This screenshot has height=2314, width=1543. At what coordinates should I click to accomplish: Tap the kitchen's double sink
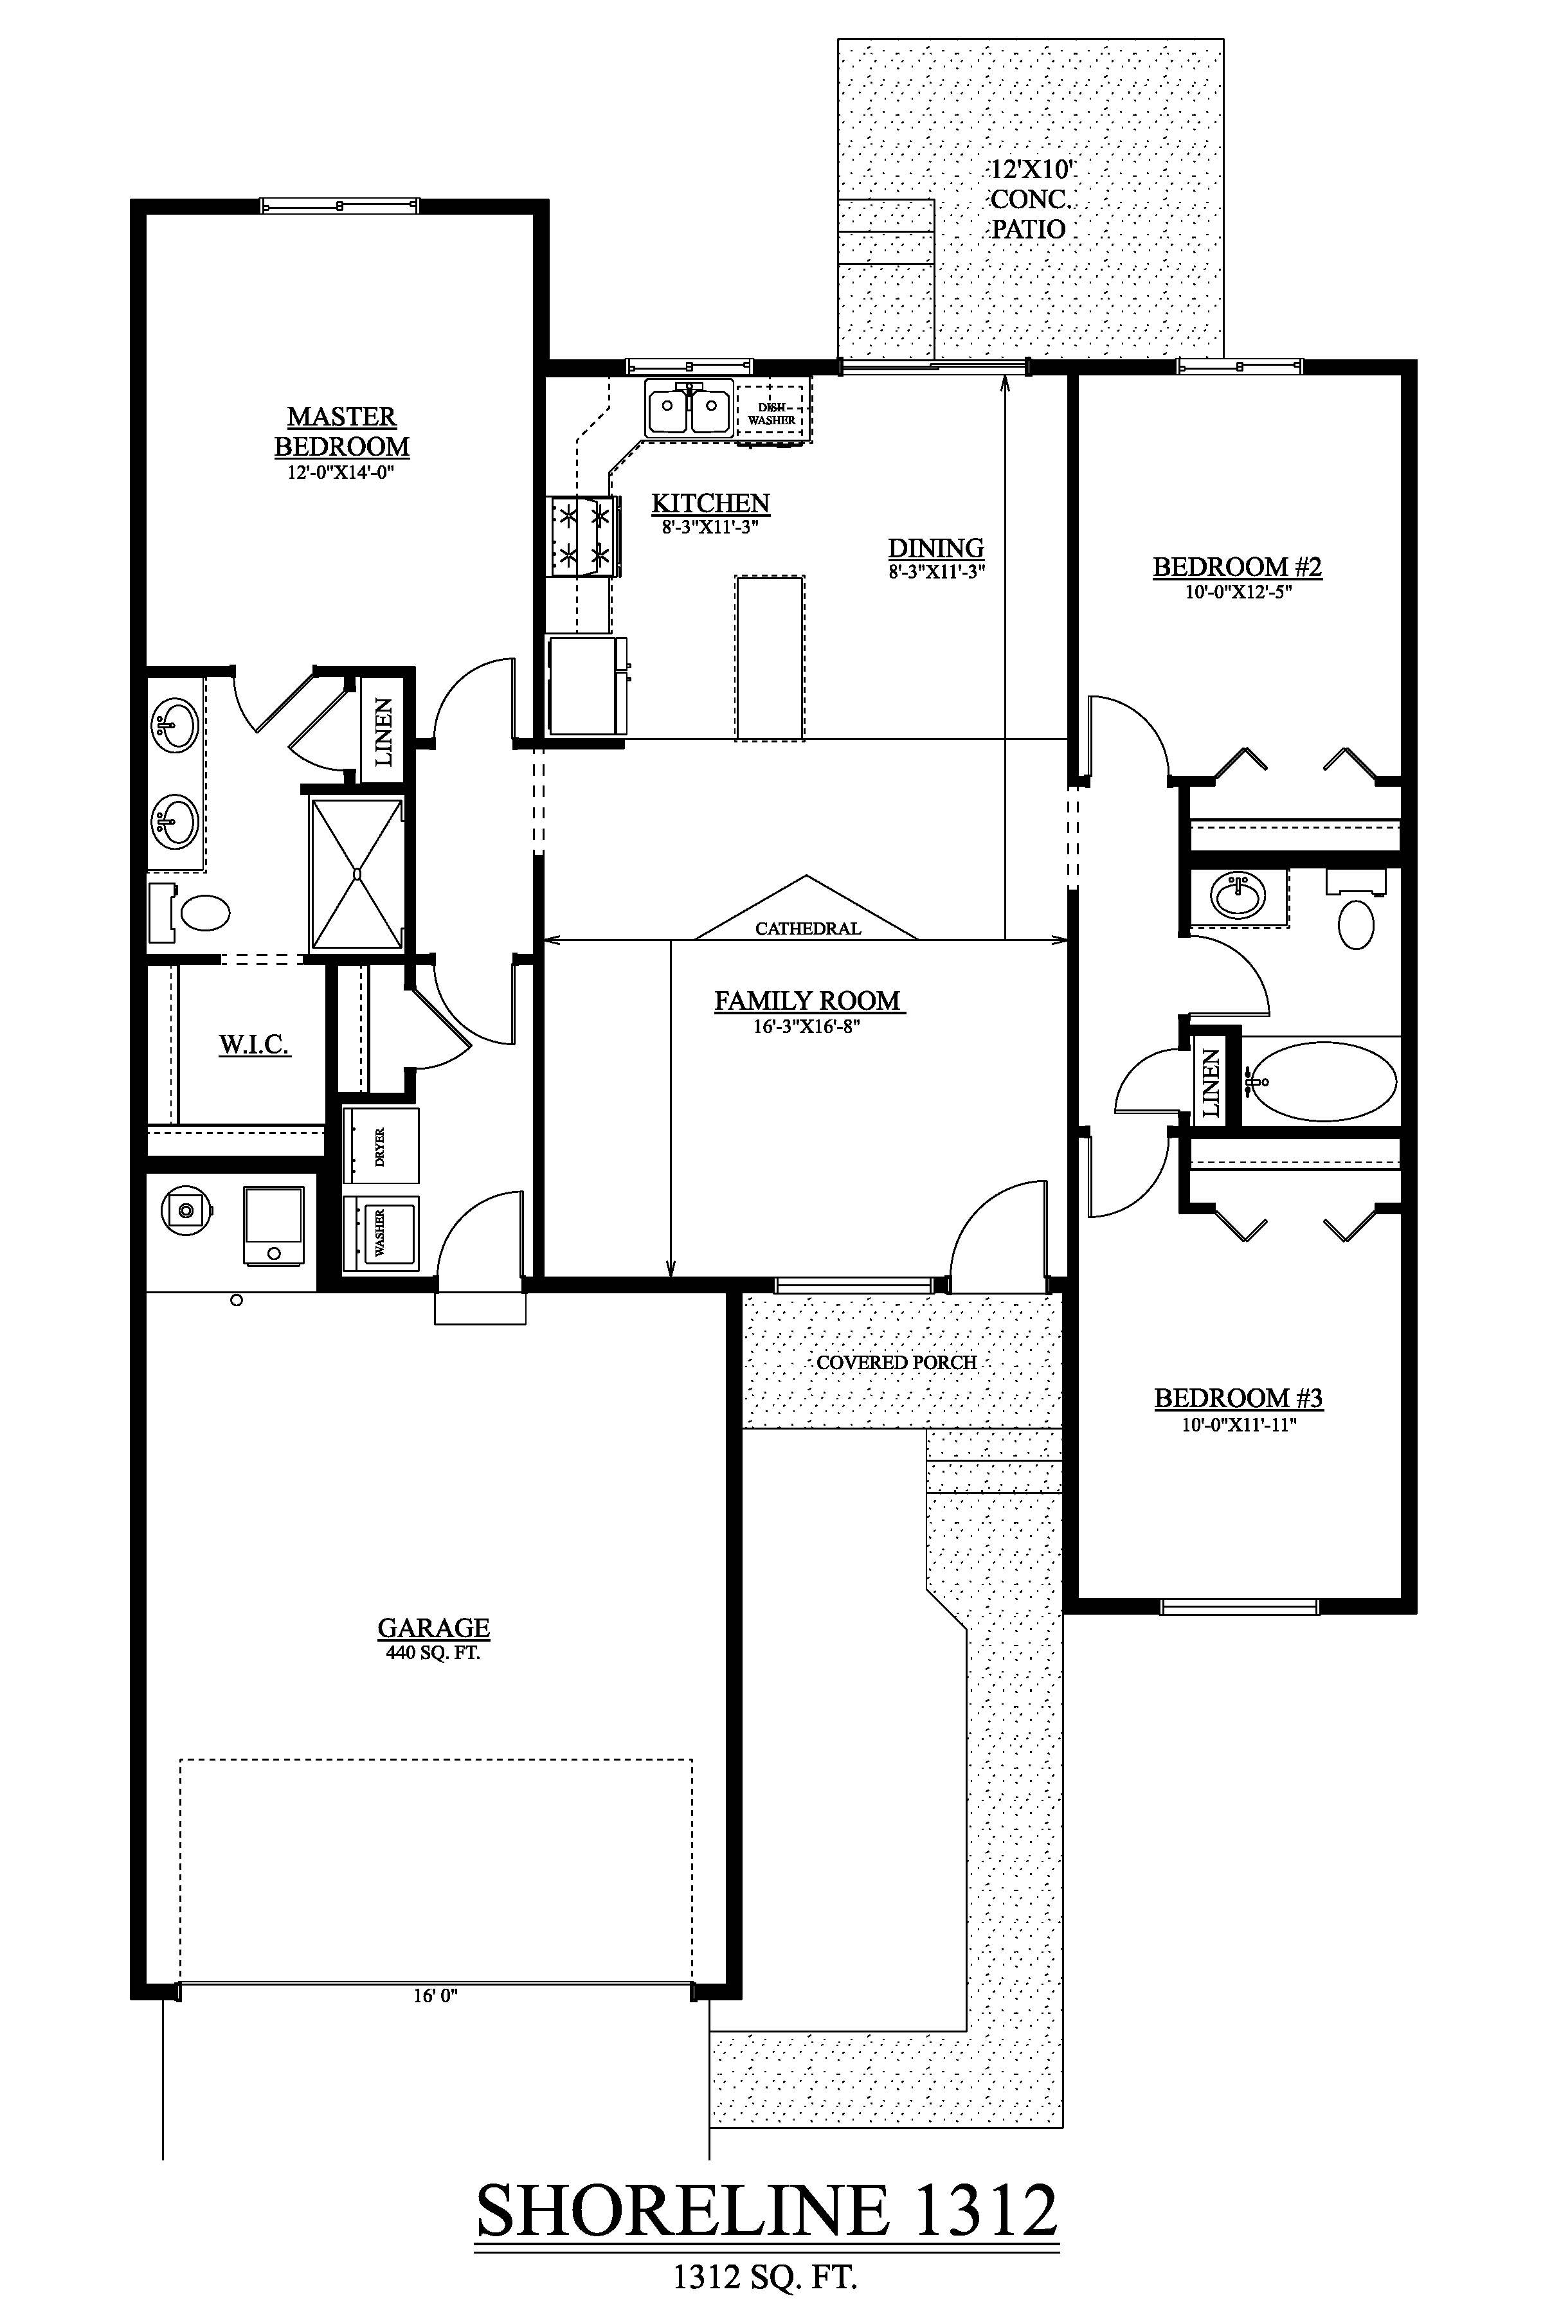(689, 408)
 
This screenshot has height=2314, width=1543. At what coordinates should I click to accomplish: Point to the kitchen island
(770, 656)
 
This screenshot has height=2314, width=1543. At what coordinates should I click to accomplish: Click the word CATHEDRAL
(808, 928)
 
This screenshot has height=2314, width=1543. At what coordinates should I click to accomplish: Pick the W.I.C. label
(254, 1045)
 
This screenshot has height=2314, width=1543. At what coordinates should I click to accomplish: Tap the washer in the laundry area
(380, 1233)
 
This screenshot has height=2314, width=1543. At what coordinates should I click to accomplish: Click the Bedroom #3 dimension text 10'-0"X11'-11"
(1239, 1424)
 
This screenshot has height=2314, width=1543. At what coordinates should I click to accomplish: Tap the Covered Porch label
(896, 1363)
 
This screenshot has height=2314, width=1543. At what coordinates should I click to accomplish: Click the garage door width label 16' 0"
(435, 1995)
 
